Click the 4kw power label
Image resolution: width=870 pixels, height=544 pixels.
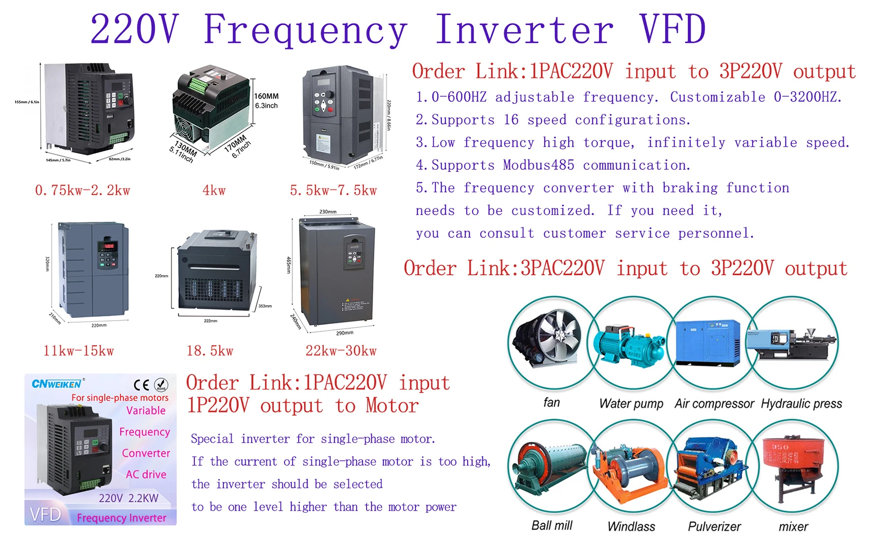pyautogui.click(x=214, y=190)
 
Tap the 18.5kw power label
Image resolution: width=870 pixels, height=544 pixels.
pyautogui.click(x=210, y=351)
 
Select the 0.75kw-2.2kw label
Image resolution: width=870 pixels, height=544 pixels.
pyautogui.click(x=83, y=190)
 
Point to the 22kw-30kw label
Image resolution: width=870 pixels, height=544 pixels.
pyautogui.click(x=341, y=351)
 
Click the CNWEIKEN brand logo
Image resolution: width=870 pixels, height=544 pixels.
pyautogui.click(x=56, y=384)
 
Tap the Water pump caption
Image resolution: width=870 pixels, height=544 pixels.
pyautogui.click(x=631, y=403)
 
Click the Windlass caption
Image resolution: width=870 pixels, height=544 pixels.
pyautogui.click(x=631, y=526)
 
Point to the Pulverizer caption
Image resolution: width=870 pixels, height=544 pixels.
pyautogui.click(x=714, y=526)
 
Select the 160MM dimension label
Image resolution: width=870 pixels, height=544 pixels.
pyautogui.click(x=266, y=96)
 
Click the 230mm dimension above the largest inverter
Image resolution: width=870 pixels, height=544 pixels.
pyautogui.click(x=328, y=212)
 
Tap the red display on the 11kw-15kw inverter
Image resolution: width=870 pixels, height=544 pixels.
pyautogui.click(x=109, y=246)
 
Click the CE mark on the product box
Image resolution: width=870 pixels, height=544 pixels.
pyautogui.click(x=141, y=385)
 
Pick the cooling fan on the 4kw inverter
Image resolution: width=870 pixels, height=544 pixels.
pyautogui.click(x=187, y=126)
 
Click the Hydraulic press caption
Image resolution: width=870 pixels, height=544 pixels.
pyautogui.click(x=801, y=403)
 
